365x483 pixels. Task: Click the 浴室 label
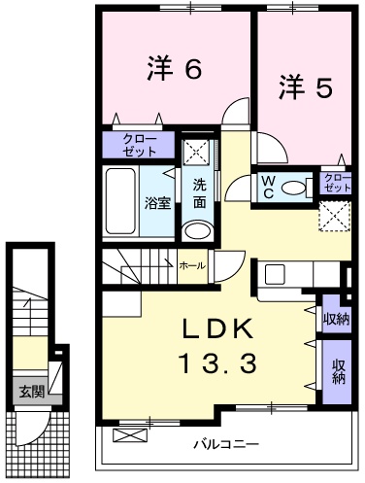(158, 202)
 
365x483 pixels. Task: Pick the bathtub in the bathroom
(121, 200)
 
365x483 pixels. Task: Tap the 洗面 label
(198, 194)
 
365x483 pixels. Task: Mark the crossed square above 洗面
(198, 151)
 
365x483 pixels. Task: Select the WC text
(268, 186)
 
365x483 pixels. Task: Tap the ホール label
(190, 263)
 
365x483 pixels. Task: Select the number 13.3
(216, 363)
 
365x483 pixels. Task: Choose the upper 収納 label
(336, 320)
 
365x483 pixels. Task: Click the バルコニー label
(224, 446)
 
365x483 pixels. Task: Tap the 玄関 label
(31, 393)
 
